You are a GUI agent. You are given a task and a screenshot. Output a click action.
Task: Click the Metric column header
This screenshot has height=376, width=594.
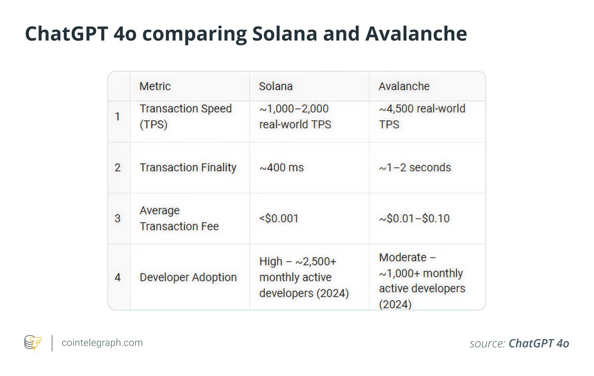click(155, 86)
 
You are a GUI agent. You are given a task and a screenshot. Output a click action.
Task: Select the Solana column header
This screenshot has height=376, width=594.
click(276, 86)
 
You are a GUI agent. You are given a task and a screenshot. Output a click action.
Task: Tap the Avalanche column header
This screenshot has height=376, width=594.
click(404, 86)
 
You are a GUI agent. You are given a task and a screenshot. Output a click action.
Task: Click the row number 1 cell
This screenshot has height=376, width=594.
click(118, 117)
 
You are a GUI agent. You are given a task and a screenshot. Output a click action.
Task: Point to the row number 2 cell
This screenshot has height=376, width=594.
click(118, 168)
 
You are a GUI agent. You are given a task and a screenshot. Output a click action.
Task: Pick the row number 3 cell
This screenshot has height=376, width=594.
click(118, 218)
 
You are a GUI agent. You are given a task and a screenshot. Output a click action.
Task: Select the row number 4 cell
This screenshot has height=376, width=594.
click(118, 277)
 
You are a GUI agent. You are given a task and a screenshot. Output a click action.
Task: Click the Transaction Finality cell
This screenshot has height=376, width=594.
click(188, 168)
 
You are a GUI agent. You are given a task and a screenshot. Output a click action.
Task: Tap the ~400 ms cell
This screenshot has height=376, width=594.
click(282, 168)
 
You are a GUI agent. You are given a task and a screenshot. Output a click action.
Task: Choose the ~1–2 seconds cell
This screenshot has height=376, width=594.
click(415, 168)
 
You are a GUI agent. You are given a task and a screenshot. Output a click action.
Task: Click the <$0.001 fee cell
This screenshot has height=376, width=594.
click(279, 218)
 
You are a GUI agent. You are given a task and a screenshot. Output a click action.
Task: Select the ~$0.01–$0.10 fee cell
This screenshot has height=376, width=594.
click(415, 218)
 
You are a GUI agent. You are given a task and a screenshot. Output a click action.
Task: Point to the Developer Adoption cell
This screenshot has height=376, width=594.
click(188, 277)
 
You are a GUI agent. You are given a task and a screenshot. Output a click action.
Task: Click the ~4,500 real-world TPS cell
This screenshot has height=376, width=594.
click(422, 117)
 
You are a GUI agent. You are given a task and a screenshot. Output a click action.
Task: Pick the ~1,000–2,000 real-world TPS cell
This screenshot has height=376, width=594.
click(295, 117)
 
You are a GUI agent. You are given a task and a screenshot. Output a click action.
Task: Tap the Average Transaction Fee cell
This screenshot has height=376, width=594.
click(179, 218)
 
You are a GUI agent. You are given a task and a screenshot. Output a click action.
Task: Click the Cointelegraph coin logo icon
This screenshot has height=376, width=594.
click(33, 343)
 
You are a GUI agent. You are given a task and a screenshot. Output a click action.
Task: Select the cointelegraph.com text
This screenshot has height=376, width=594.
click(102, 343)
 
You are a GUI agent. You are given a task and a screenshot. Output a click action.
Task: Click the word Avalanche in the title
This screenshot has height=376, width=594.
click(416, 34)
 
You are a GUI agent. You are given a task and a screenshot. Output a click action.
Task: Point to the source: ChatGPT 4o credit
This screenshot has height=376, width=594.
click(519, 343)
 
